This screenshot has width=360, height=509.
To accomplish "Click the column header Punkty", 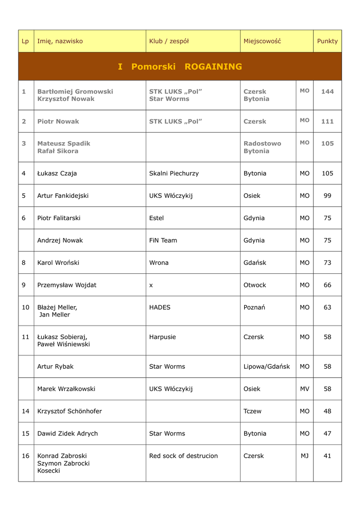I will (327, 41).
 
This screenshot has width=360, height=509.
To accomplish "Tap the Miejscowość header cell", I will (262, 41).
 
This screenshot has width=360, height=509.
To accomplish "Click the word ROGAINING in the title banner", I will (213, 67).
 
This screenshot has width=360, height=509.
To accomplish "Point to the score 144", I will (327, 91).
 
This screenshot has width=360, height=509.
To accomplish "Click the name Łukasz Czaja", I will (57, 173).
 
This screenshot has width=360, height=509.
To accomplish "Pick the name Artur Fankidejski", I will (63, 196).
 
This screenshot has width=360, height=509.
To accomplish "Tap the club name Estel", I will (156, 218).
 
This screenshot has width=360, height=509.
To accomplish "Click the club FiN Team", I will (163, 241).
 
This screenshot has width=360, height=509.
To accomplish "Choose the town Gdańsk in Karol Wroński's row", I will (255, 263).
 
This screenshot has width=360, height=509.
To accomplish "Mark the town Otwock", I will (255, 285).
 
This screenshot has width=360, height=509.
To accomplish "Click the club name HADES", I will (160, 308).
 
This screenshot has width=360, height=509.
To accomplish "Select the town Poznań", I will (254, 308).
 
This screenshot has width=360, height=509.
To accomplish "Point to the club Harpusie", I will (163, 337).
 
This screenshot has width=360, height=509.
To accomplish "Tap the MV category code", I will (304, 389).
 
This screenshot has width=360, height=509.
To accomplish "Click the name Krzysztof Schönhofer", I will (70, 412).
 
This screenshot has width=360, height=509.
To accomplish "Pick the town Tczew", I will (252, 412).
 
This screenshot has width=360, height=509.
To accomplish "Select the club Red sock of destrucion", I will (183, 456).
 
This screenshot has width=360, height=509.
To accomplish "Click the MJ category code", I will (304, 456).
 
